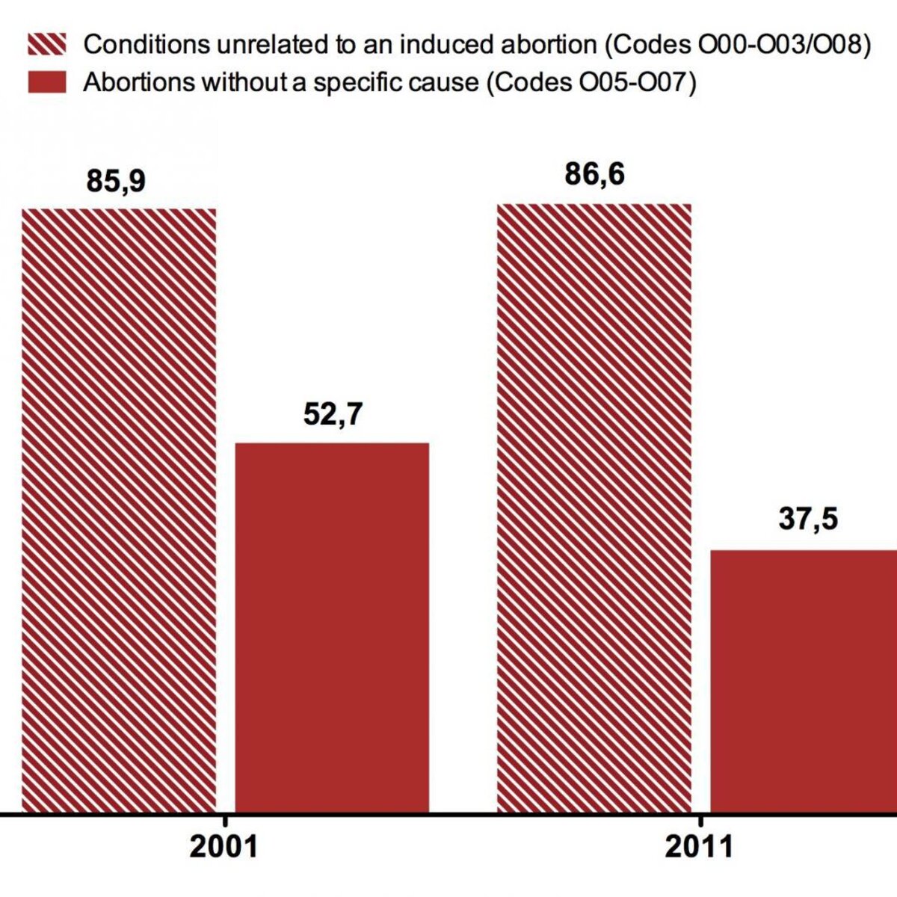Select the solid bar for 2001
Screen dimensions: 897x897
332,627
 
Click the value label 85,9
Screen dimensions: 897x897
116,181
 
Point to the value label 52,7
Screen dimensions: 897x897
333,414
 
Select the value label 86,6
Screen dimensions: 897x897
594,175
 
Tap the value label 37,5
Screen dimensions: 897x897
808,520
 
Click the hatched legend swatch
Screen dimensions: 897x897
47,44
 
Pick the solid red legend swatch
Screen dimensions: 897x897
47,82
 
